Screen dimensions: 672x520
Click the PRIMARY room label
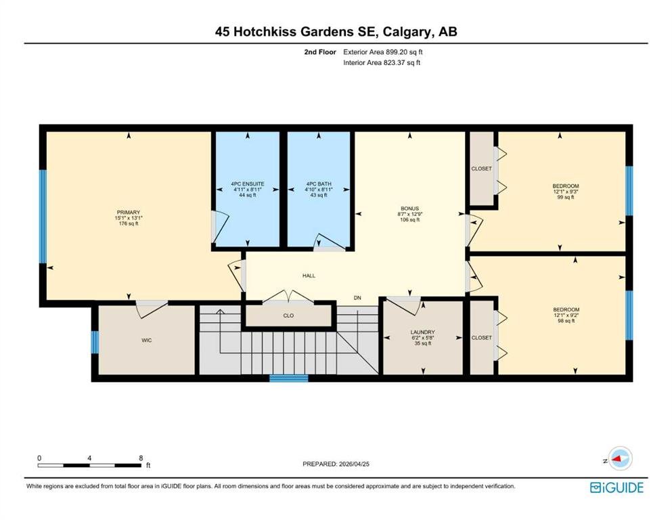pos(129,212)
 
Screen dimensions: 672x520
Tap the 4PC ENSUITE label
pos(248,184)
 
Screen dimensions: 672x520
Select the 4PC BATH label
pos(319,184)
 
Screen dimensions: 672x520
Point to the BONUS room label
pos(409,209)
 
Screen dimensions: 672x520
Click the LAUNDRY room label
pos(422,332)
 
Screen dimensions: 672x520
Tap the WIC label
pos(147,341)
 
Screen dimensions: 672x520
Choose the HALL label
pos(309,276)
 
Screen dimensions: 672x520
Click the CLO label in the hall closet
pos(288,316)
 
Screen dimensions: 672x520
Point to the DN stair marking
pos(357,297)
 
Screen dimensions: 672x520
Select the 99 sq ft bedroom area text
pos(566,197)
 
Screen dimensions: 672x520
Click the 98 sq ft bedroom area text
pos(566,321)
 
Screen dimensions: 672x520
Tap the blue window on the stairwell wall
pos(289,378)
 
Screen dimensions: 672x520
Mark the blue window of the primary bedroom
pos(43,217)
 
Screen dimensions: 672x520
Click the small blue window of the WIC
pos(95,342)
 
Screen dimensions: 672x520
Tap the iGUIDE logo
pos(617,488)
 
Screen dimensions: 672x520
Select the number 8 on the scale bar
pos(141,458)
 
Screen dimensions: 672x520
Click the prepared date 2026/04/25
pos(354,464)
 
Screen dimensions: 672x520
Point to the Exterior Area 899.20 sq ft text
pos(383,52)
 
